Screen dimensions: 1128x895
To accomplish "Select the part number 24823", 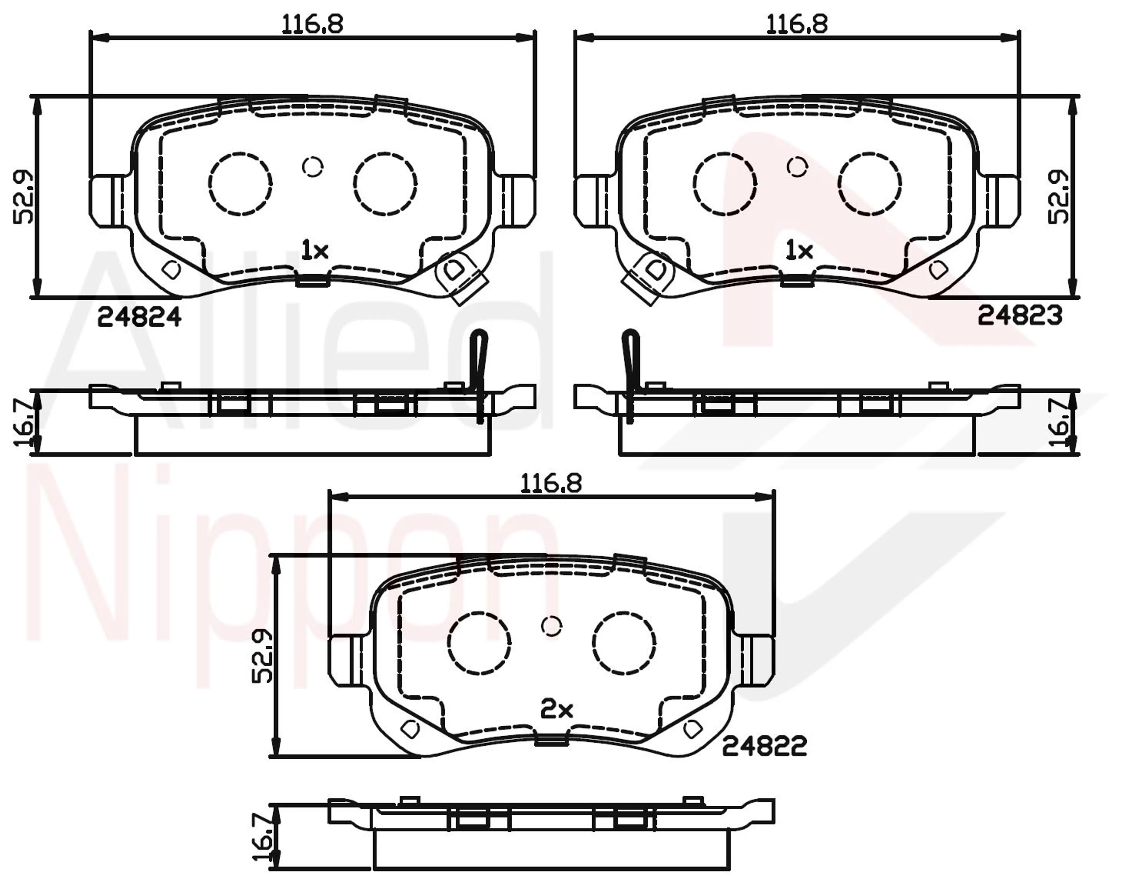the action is coord(1020,316).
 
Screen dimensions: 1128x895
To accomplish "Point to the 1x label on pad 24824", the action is coord(314,251).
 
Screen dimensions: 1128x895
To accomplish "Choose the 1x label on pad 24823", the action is coord(799,251).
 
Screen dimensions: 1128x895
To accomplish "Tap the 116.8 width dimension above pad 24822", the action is coord(551,483).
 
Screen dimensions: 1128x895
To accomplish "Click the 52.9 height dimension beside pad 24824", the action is coord(23,197).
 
